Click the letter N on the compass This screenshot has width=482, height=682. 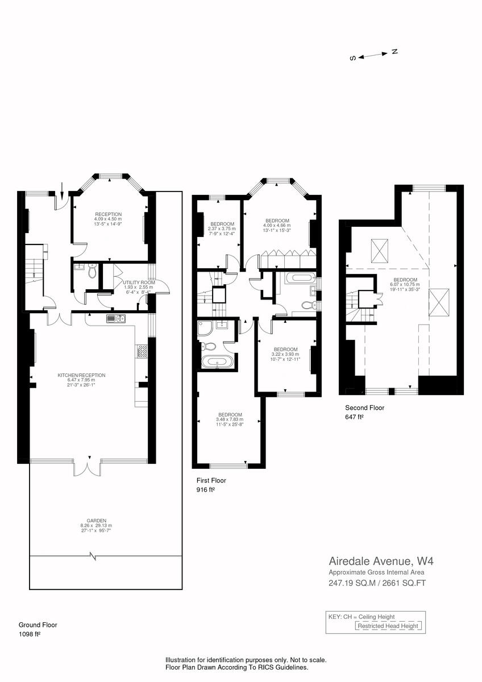(x=394, y=52)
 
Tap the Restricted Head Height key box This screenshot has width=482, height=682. (x=389, y=626)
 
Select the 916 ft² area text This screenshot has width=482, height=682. (x=205, y=489)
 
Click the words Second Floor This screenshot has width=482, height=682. (x=364, y=407)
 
